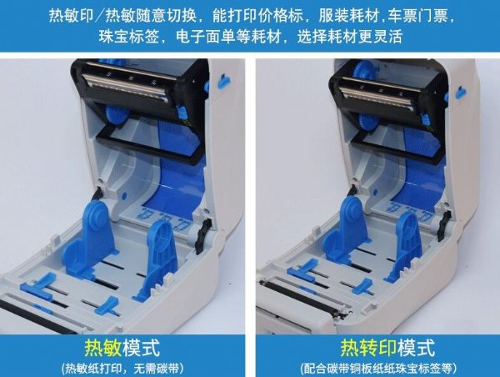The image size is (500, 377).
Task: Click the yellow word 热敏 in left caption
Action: [x=103, y=348]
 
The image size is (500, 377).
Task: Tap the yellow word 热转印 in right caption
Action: [x=368, y=348]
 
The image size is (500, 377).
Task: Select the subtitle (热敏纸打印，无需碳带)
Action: [x=122, y=369]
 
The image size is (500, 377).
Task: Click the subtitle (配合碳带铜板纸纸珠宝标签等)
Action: [x=378, y=369]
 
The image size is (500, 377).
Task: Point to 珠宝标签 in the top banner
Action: [x=128, y=37]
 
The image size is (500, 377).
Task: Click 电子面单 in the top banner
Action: [x=206, y=37]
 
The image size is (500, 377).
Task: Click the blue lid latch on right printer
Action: [x=461, y=92]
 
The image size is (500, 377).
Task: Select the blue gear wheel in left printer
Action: [x=117, y=116]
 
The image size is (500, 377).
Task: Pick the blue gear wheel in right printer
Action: [x=367, y=123]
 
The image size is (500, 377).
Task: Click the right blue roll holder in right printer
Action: [x=404, y=247]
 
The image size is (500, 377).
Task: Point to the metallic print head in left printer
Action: [x=125, y=85]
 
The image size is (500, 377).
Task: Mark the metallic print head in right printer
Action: [x=376, y=95]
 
